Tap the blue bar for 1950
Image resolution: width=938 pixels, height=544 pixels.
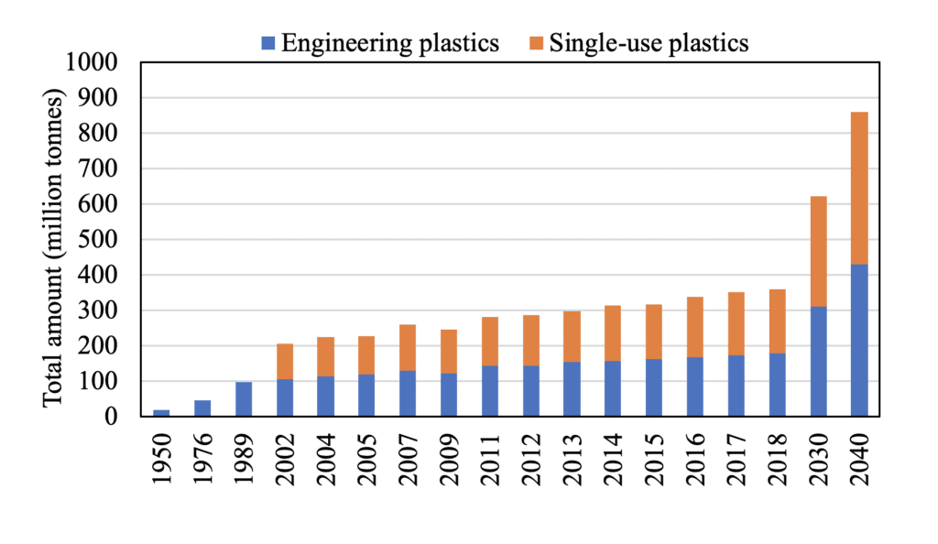point(161,413)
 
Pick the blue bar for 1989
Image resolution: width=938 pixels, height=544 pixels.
point(244,399)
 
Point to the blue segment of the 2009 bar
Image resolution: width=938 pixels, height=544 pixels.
point(449,395)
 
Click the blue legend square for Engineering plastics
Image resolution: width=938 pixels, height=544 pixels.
point(267,42)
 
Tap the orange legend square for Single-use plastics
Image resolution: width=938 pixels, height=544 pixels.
point(536,42)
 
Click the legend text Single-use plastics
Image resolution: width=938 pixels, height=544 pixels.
point(649,42)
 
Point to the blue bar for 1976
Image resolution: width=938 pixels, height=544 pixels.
point(202,408)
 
